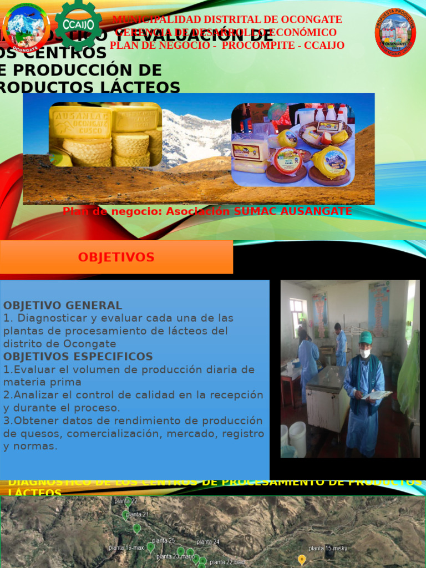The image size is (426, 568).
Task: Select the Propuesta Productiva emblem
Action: pyautogui.click(x=395, y=32)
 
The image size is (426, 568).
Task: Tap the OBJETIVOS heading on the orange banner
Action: pyautogui.click(x=116, y=257)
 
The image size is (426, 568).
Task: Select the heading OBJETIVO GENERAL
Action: pyautogui.click(x=63, y=306)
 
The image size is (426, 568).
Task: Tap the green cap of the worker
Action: pyautogui.click(x=366, y=337)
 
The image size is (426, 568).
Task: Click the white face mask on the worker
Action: pyautogui.click(x=365, y=353)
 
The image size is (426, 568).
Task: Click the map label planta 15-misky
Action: pyautogui.click(x=328, y=549)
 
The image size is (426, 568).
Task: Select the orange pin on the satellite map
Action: pyautogui.click(x=302, y=559)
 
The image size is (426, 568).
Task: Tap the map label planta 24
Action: pyautogui.click(x=208, y=542)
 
